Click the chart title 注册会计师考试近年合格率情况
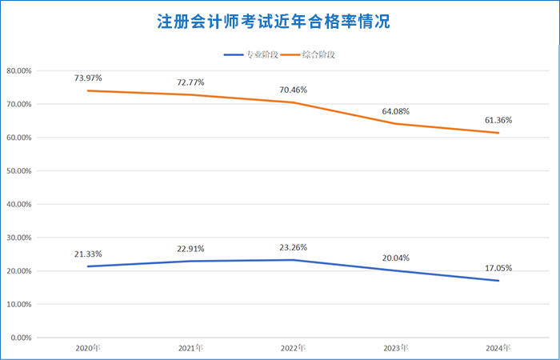click(x=280, y=21)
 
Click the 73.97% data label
click(x=88, y=78)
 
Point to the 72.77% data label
click(x=190, y=82)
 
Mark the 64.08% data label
click(x=396, y=111)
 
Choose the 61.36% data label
click(x=498, y=120)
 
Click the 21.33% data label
click(x=88, y=254)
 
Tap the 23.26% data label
click(x=294, y=247)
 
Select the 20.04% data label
click(x=396, y=258)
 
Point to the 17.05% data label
click(x=498, y=268)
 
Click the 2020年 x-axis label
click(x=88, y=349)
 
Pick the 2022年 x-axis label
click(x=294, y=349)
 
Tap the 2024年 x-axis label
click(x=498, y=349)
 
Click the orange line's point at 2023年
click(x=396, y=123)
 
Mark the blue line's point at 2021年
click(x=190, y=261)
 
